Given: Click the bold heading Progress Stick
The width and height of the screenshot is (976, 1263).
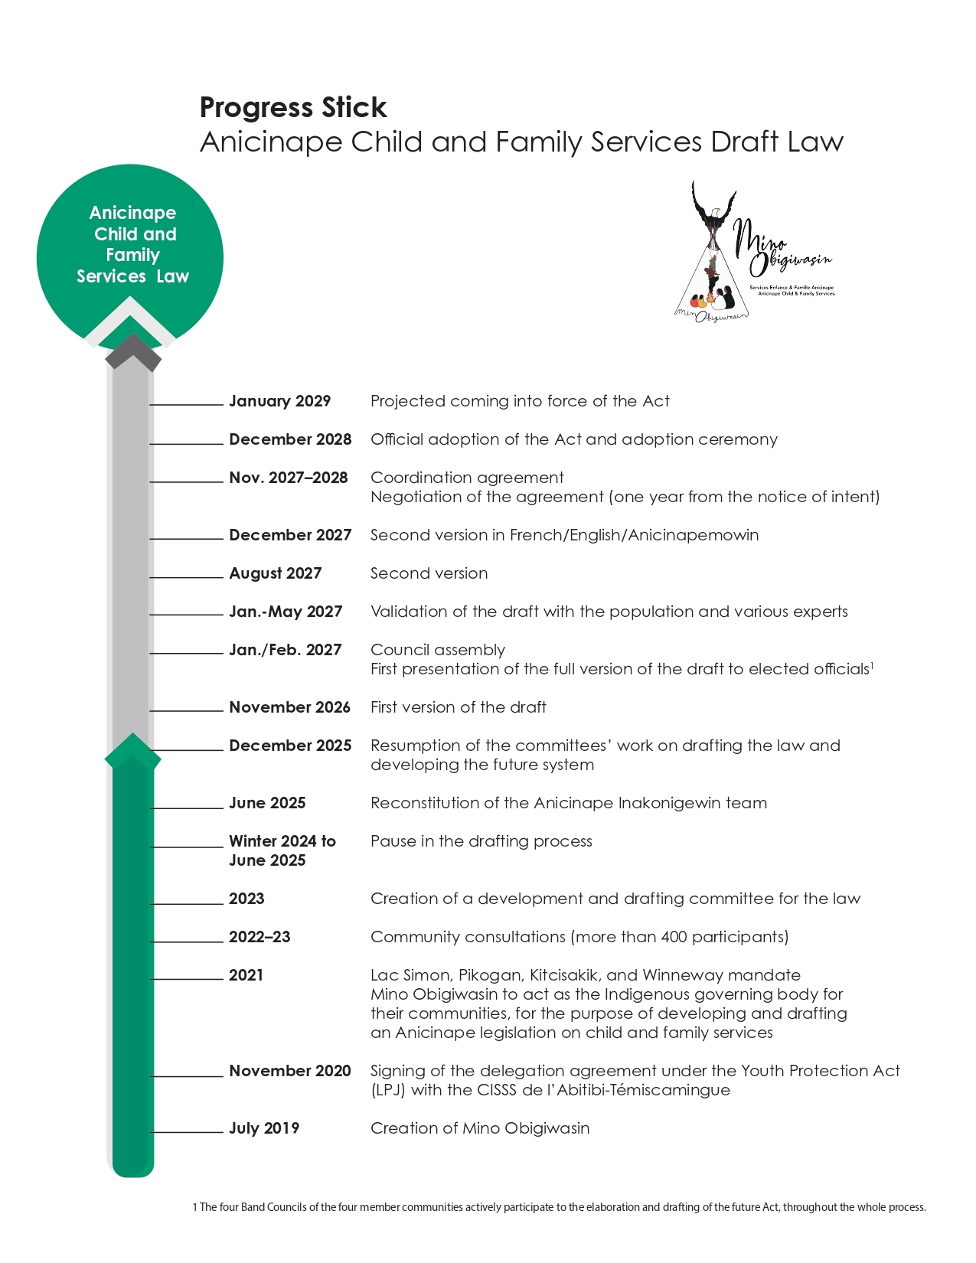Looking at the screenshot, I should pyautogui.click(x=293, y=108).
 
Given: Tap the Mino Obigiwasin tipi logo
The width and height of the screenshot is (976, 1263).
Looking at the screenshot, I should pyautogui.click(x=754, y=253).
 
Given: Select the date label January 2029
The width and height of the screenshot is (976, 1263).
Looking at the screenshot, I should pyautogui.click(x=279, y=401).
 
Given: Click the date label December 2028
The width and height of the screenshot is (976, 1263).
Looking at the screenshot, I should pyautogui.click(x=290, y=439).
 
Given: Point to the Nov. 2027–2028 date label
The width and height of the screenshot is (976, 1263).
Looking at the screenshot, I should pyautogui.click(x=288, y=478).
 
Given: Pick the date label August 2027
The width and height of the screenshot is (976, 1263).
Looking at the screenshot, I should pyautogui.click(x=275, y=573).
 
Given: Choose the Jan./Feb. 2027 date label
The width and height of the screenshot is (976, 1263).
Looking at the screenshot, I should pyautogui.click(x=285, y=650).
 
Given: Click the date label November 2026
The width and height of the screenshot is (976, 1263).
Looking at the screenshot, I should pyautogui.click(x=289, y=707).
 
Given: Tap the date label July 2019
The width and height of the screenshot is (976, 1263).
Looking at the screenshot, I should pyautogui.click(x=263, y=1128).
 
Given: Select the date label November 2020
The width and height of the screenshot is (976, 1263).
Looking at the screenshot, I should pyautogui.click(x=289, y=1071).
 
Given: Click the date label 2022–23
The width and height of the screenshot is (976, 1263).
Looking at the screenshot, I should pyautogui.click(x=260, y=937).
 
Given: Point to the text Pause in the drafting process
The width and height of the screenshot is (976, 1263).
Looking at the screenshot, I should pyautogui.click(x=481, y=841).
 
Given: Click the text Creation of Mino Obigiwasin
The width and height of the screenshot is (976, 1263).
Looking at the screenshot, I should pyautogui.click(x=480, y=1128).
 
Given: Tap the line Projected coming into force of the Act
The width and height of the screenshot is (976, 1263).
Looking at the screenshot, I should pyautogui.click(x=520, y=401).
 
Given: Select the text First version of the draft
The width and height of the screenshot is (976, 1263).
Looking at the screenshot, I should pyautogui.click(x=458, y=707).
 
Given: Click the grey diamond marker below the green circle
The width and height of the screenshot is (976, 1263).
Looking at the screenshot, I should pyautogui.click(x=132, y=353).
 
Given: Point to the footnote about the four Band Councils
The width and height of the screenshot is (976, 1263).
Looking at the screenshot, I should pyautogui.click(x=559, y=1207).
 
